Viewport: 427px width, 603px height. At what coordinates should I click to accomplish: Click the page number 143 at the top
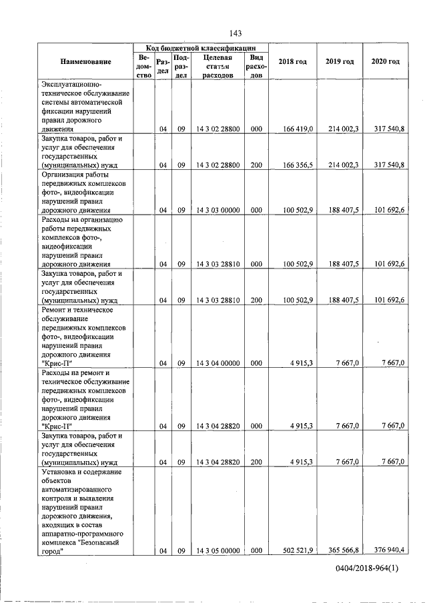[234, 33]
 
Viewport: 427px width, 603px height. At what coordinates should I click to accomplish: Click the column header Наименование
[85, 62]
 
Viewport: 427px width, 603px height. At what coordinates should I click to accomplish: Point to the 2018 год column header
[293, 62]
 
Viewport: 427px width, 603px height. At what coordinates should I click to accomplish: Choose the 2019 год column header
[339, 62]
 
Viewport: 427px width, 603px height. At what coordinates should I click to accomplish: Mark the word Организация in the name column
[63, 174]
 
